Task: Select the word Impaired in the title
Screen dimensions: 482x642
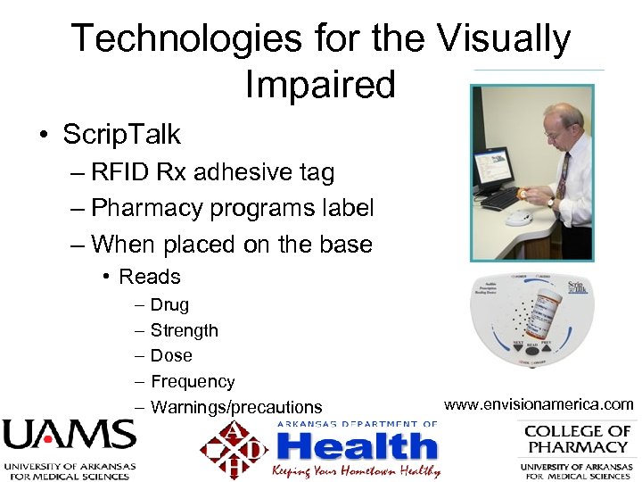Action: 319,85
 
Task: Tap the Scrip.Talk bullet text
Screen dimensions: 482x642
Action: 121,135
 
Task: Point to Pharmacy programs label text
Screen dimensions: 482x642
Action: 232,208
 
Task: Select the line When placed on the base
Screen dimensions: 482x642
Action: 232,244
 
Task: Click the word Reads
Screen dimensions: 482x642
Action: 150,278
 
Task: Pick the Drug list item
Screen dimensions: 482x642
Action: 169,305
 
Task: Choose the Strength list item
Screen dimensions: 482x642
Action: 184,331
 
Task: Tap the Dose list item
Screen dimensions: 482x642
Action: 171,356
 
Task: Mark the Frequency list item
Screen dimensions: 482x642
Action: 193,382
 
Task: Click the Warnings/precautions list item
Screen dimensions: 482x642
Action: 236,408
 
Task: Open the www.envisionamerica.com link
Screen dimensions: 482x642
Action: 539,405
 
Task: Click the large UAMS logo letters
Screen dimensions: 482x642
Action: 69,436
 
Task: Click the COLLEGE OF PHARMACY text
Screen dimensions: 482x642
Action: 577,438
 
